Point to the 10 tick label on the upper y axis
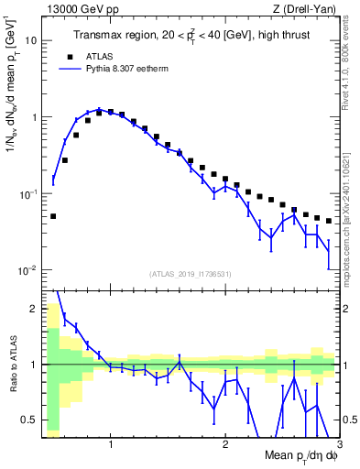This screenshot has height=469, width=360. coord(31,41)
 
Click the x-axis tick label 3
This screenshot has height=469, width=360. coord(339,446)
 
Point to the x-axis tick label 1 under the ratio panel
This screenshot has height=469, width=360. coord(111,446)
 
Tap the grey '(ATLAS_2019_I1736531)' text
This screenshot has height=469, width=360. coord(191,274)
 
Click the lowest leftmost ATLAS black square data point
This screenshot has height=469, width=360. coord(53,216)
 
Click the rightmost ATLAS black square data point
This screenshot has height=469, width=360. coord(328,221)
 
